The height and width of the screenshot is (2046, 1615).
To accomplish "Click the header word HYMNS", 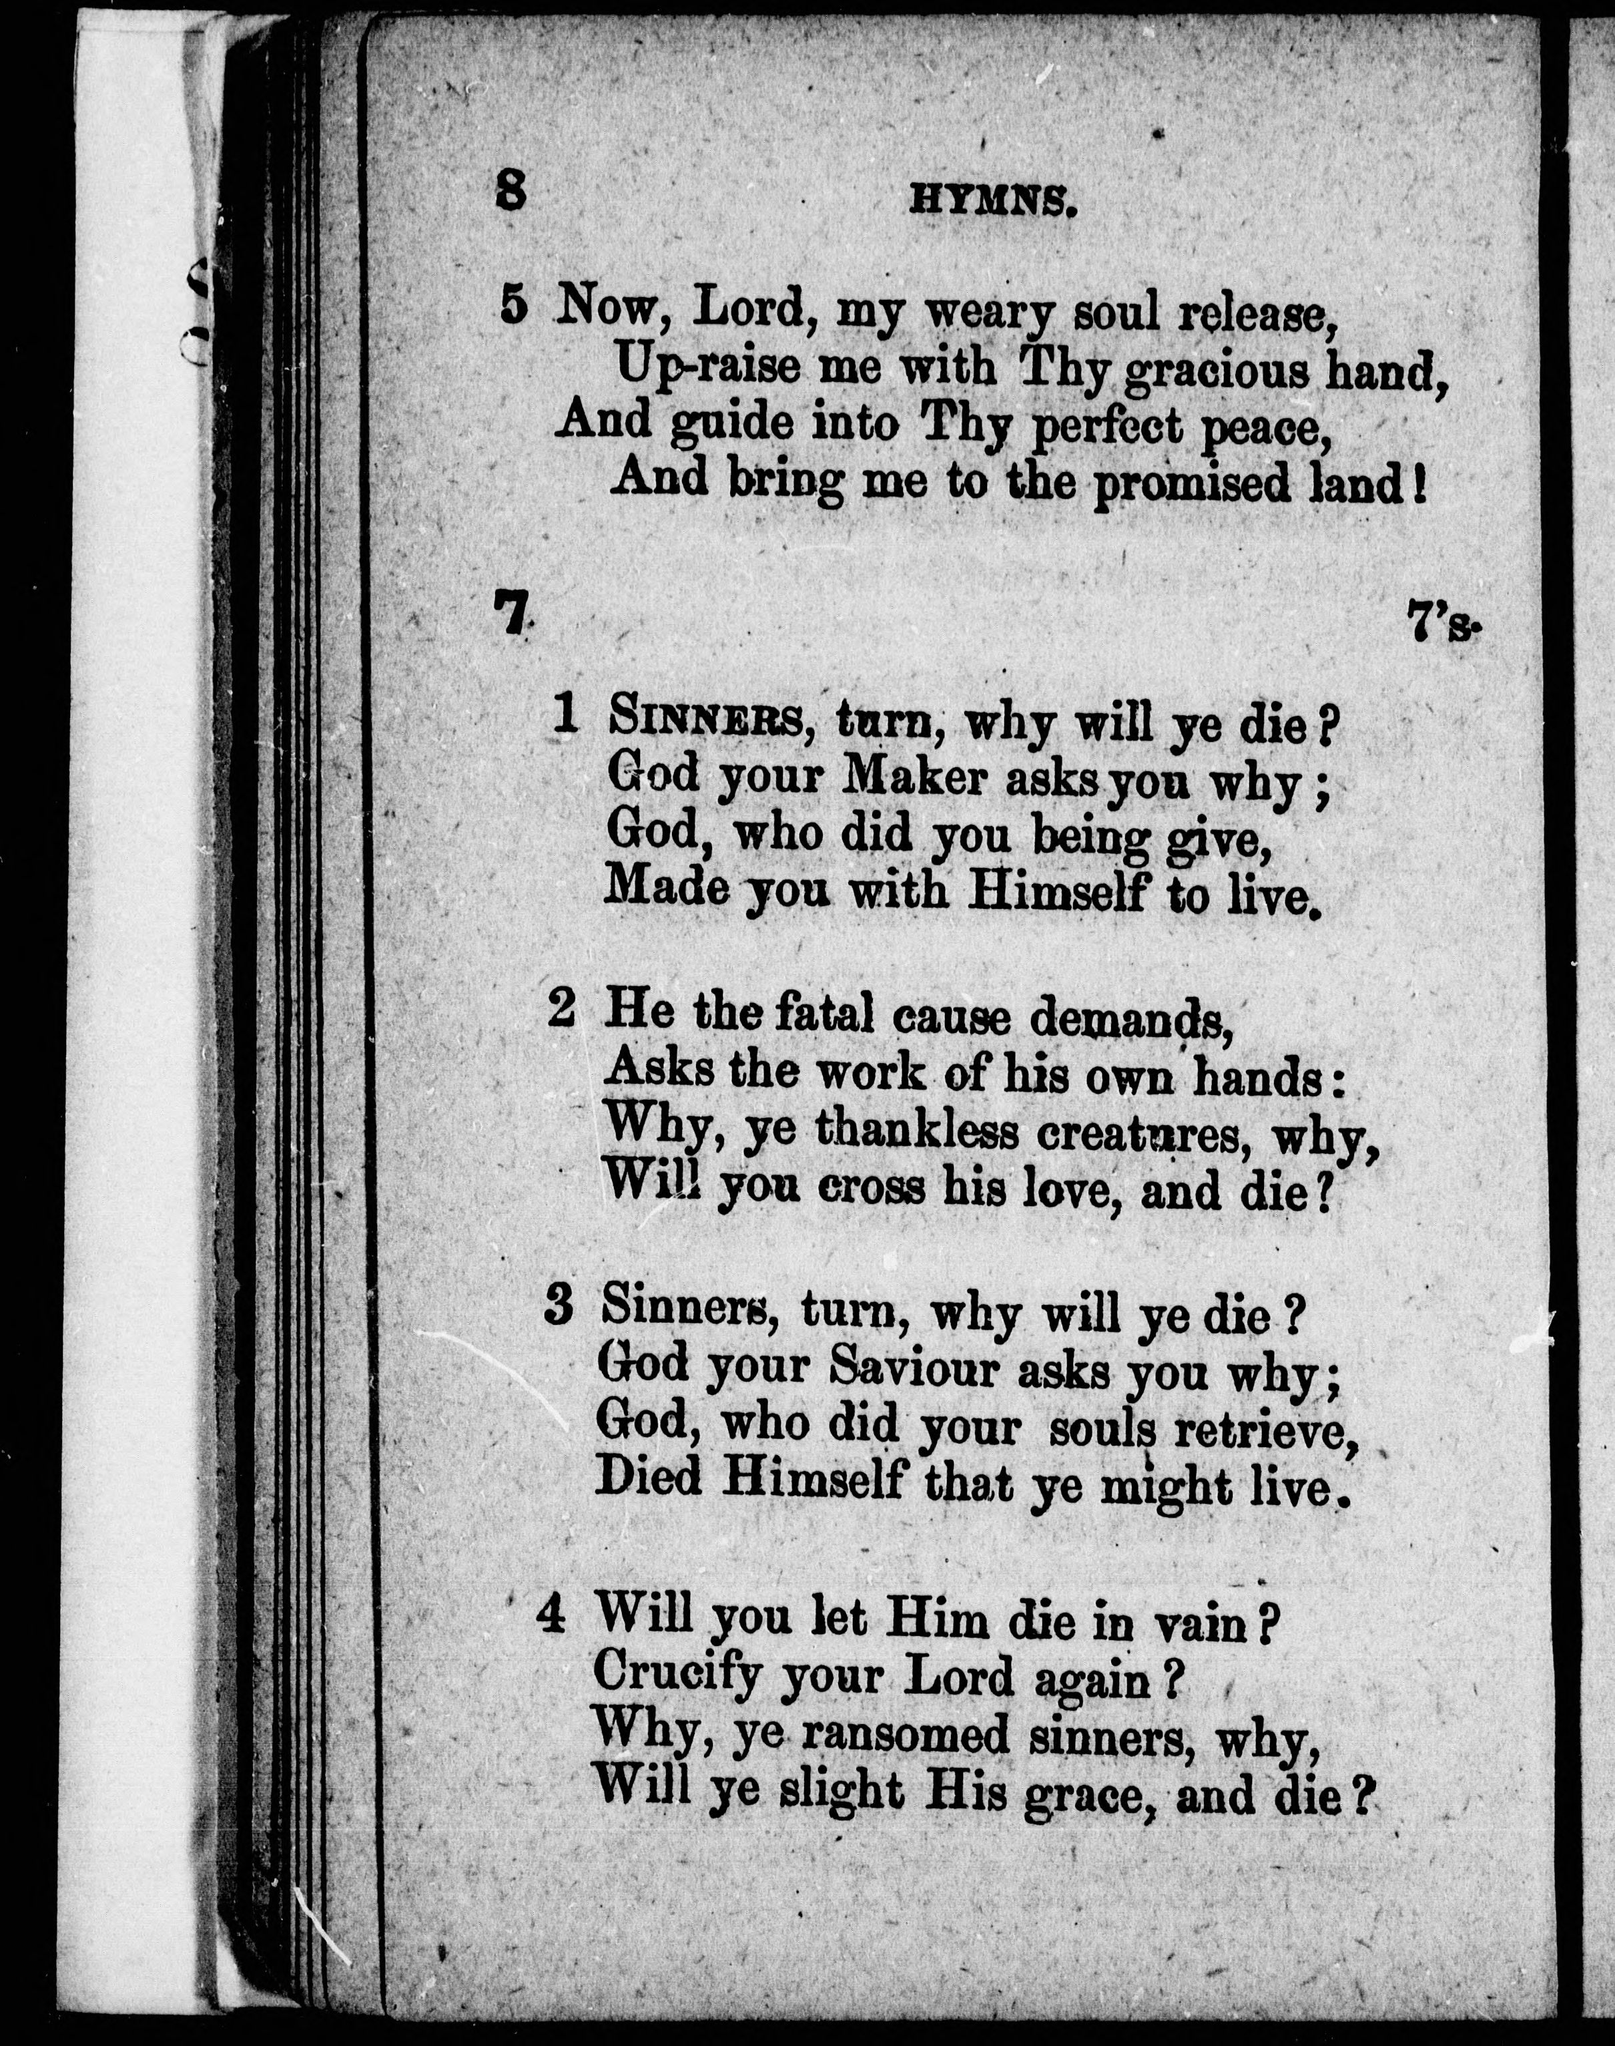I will (x=993, y=202).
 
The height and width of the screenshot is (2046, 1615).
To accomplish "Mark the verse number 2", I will (x=561, y=1010).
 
